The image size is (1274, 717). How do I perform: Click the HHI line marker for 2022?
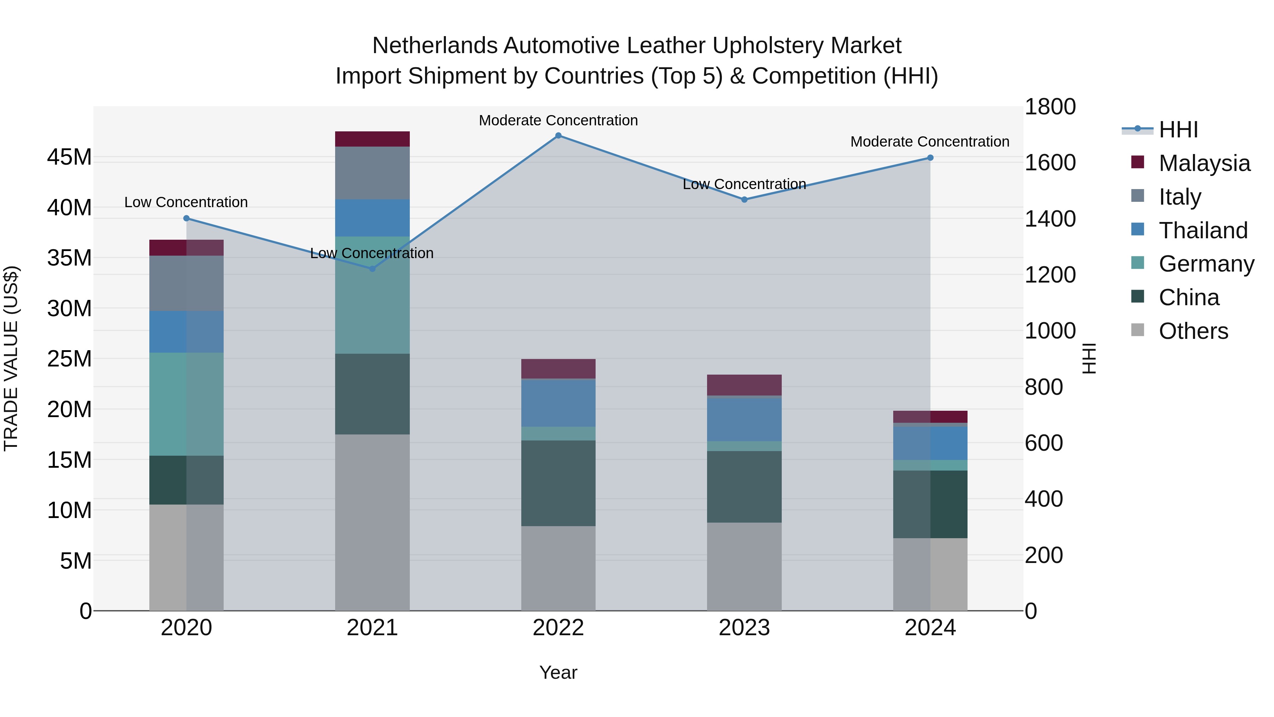(x=558, y=136)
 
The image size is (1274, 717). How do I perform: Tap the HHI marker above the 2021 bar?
(x=372, y=269)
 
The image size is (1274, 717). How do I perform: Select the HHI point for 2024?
(x=930, y=158)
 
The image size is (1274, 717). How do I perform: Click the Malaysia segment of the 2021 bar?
(x=372, y=139)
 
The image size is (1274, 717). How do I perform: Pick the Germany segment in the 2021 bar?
(x=372, y=295)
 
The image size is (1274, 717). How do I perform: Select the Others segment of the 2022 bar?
(x=558, y=568)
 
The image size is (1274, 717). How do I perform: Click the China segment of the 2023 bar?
(x=744, y=487)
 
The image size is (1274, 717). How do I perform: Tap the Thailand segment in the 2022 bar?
(x=558, y=403)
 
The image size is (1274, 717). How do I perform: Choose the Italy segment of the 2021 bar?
(x=372, y=173)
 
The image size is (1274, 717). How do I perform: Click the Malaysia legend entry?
(x=1204, y=163)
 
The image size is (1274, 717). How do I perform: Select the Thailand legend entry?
(x=1203, y=231)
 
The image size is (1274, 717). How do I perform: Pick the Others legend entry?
(x=1193, y=331)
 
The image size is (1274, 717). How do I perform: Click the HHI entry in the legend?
(x=1178, y=130)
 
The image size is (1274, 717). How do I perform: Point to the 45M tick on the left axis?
(x=69, y=157)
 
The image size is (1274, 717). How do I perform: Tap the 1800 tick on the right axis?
(x=1050, y=107)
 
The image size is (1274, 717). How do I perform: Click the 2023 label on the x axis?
(x=744, y=628)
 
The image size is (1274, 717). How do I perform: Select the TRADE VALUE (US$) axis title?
(x=11, y=358)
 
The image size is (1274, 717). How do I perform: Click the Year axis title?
(x=558, y=672)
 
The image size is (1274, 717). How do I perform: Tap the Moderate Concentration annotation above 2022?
(x=558, y=120)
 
